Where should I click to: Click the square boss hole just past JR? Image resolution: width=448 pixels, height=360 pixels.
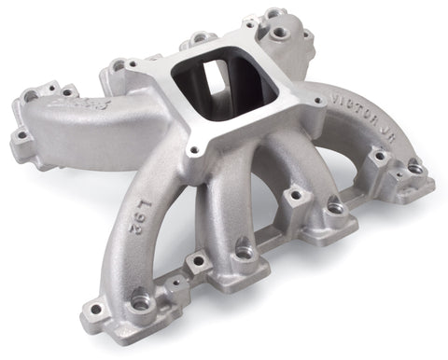click(379, 157)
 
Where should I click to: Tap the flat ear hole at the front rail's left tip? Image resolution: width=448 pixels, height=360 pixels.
click(94, 309)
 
